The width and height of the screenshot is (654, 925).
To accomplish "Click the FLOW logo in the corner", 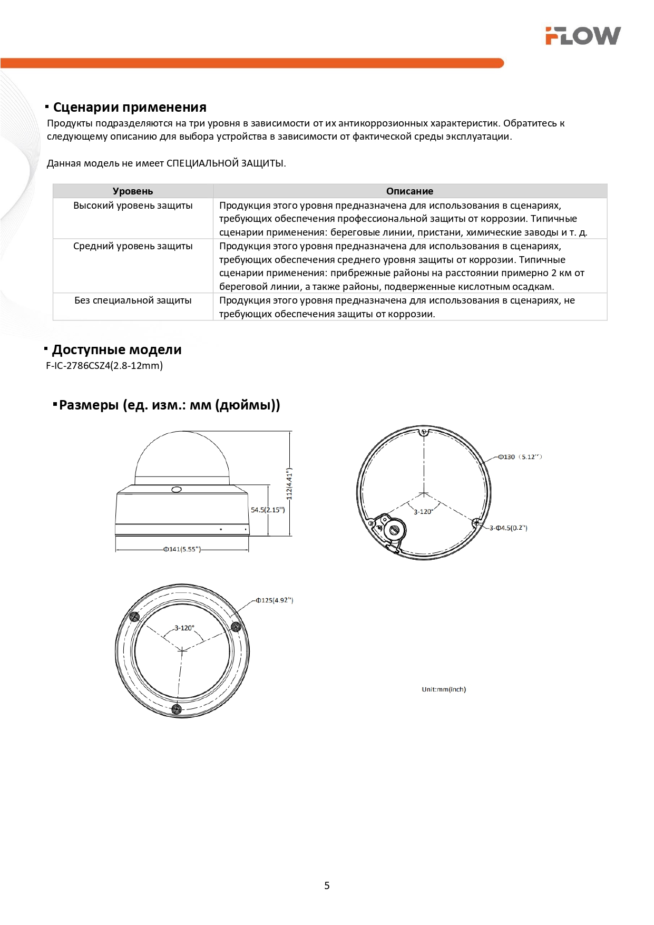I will [583, 36].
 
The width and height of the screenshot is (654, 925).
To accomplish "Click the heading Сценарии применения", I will [130, 108].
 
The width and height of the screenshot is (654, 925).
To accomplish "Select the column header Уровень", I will [133, 191].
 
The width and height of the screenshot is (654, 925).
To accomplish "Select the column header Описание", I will [409, 191].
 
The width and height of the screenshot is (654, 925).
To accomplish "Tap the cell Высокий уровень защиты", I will [133, 206].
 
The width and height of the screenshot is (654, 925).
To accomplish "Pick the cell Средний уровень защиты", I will [133, 246].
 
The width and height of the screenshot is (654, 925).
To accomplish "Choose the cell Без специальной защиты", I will [133, 300].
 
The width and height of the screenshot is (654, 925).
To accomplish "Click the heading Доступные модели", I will [116, 350].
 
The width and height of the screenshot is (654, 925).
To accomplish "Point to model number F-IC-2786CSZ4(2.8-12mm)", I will [104, 366].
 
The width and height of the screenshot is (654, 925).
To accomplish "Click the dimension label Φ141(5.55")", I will [182, 549].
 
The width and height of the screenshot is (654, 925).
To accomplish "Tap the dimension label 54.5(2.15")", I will [268, 510].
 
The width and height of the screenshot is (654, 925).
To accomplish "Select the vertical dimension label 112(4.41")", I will [289, 484].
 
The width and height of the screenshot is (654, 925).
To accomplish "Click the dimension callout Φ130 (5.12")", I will [520, 457].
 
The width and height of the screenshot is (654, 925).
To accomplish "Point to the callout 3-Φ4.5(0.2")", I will [509, 528].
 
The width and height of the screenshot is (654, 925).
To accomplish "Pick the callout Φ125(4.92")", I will [275, 600].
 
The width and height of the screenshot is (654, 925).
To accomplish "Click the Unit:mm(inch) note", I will [444, 689].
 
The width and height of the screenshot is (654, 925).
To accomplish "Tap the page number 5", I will [327, 885].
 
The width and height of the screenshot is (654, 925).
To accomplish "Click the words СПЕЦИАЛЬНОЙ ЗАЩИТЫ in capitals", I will [225, 163].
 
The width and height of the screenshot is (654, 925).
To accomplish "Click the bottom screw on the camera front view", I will [177, 708].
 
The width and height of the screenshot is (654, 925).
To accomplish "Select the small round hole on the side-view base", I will [177, 490].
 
